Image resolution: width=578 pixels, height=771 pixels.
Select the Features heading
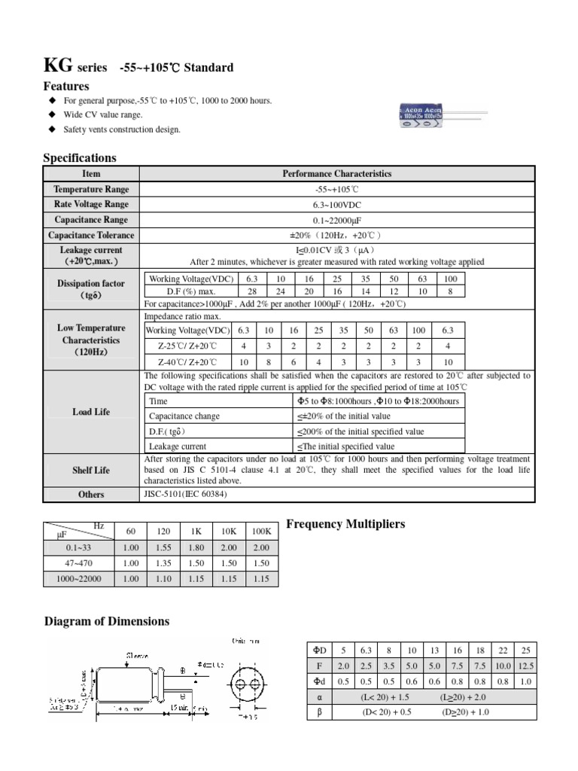tap(66, 87)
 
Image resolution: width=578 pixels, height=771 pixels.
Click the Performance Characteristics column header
tap(337, 173)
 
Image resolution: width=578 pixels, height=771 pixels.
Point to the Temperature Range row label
tap(91, 189)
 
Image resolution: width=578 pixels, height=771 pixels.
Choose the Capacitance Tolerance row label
tap(91, 235)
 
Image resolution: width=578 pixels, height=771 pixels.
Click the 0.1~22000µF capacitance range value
tap(337, 220)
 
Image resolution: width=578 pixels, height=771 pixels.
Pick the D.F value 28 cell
tap(252, 291)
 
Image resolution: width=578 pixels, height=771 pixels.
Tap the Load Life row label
tap(91, 412)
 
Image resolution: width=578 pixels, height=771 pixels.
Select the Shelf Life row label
tap(91, 470)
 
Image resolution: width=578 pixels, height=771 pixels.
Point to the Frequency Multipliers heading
tap(346, 523)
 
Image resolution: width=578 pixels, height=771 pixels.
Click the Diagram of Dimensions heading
tap(107, 621)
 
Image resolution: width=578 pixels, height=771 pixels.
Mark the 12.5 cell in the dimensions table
tap(526, 666)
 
